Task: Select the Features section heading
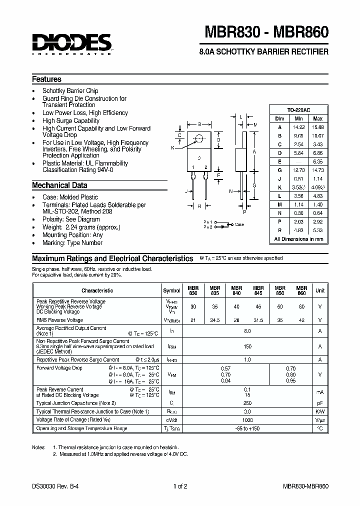pos(47,79)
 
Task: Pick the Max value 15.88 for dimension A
pos(317,127)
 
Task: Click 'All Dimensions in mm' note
pos(298,239)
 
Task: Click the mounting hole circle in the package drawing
pos(199,138)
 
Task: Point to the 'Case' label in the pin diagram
pos(239,224)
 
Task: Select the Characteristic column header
pos(97,290)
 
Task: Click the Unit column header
pos(320,290)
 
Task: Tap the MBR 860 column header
pos(301,290)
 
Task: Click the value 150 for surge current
pos(247,346)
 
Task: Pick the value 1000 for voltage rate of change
pos(247,420)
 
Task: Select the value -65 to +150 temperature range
pos(247,428)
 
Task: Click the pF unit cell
pos(320,402)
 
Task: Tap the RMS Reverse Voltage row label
pos(60,320)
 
